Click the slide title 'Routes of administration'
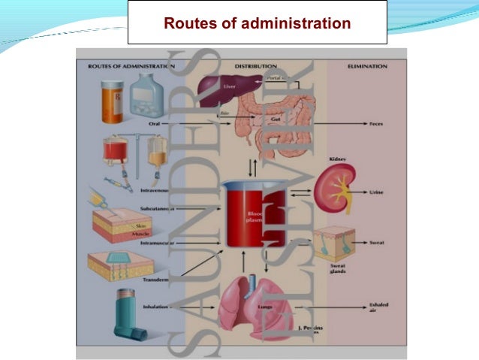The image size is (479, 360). (x=257, y=23)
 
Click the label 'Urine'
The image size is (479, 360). (x=376, y=192)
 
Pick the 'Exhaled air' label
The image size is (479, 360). (x=379, y=307)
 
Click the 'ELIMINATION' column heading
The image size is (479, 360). (x=367, y=66)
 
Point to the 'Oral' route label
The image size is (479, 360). (x=155, y=122)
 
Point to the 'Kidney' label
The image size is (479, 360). (x=336, y=159)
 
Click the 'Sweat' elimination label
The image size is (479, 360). (x=376, y=244)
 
